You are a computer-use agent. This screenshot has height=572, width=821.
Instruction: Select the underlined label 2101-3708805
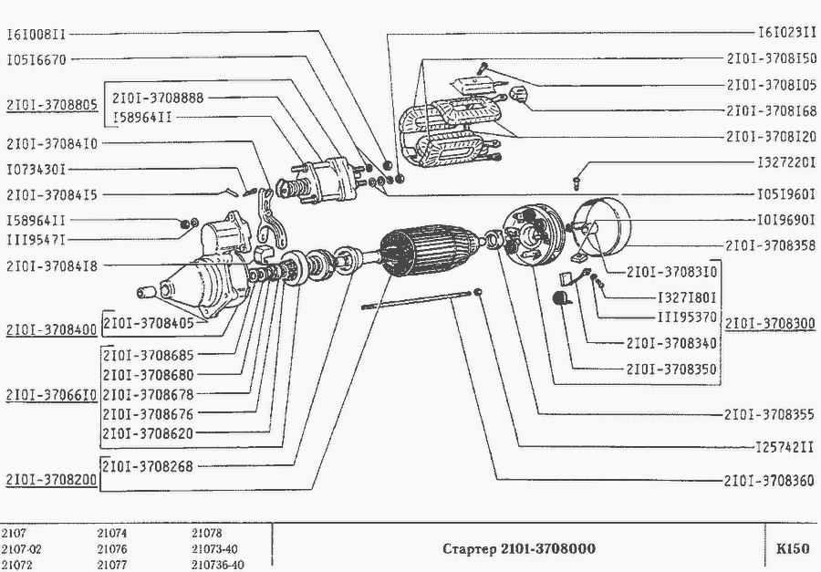point(51,105)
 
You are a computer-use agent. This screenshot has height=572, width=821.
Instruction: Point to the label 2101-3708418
point(52,266)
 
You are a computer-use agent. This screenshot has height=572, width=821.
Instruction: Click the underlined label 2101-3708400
point(51,329)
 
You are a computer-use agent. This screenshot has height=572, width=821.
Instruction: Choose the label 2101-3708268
point(148,466)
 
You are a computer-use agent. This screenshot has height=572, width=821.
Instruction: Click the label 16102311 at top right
point(786,32)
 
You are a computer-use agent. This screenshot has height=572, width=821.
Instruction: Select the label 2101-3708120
point(771,138)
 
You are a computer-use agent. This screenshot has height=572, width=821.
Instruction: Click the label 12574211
point(784,447)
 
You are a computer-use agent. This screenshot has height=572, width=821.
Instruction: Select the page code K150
point(792,549)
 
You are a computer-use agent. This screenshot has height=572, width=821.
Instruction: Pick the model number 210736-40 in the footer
point(218,565)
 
